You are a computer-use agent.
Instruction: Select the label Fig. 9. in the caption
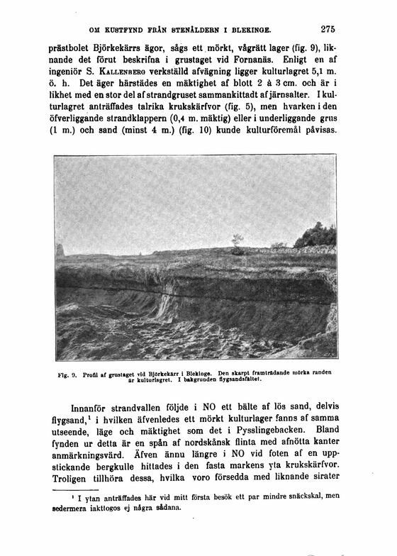(66, 373)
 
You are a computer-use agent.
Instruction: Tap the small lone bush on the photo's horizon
(237, 241)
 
